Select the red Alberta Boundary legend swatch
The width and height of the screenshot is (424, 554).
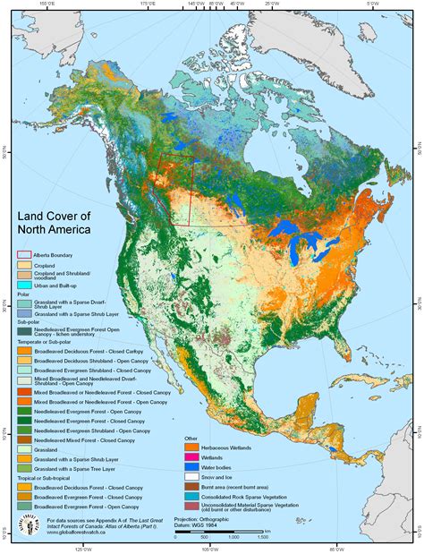[x=23, y=255]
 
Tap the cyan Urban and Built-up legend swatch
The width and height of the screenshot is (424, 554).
[x=23, y=286]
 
